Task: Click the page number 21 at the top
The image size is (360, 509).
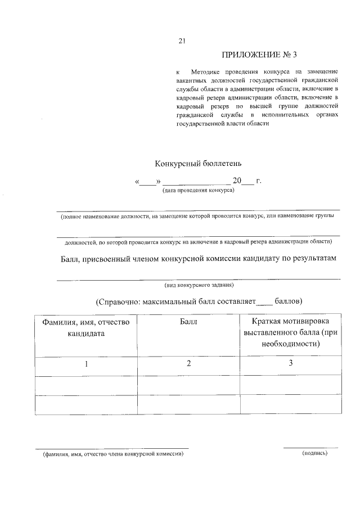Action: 181,40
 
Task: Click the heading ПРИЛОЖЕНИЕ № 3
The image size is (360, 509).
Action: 258,55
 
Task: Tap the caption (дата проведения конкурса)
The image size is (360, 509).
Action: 199,190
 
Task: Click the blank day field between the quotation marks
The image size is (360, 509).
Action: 147,182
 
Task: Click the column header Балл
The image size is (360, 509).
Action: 188,322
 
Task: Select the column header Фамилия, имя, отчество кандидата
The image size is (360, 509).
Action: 86,327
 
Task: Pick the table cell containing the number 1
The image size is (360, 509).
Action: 86,364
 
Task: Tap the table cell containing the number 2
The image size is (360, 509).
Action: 188,364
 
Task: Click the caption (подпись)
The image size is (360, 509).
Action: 314,453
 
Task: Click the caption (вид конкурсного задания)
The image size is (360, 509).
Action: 199,285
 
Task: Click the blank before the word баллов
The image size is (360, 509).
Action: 264,302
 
